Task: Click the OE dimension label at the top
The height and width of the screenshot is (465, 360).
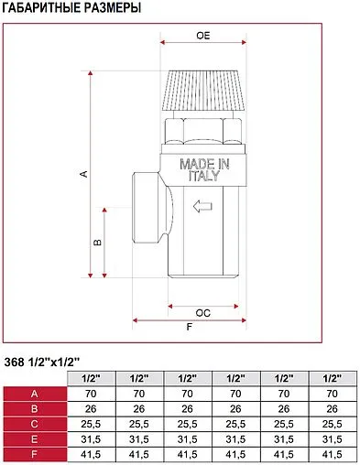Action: coord(203,36)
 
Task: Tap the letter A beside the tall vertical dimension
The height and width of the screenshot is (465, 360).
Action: coord(83,174)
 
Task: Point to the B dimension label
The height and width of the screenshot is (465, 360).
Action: coord(97,243)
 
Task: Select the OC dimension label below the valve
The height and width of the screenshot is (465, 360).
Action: coord(203,313)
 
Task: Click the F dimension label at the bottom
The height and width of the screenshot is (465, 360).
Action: coord(190,327)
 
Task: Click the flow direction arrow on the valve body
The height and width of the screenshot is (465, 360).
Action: coord(202,206)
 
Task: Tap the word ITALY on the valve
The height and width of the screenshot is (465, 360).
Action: coord(204,176)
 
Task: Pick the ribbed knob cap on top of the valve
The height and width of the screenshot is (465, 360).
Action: coord(203,91)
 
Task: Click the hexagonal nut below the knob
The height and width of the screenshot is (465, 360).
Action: coord(203,131)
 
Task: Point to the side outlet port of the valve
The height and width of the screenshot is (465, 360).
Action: coord(149,208)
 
